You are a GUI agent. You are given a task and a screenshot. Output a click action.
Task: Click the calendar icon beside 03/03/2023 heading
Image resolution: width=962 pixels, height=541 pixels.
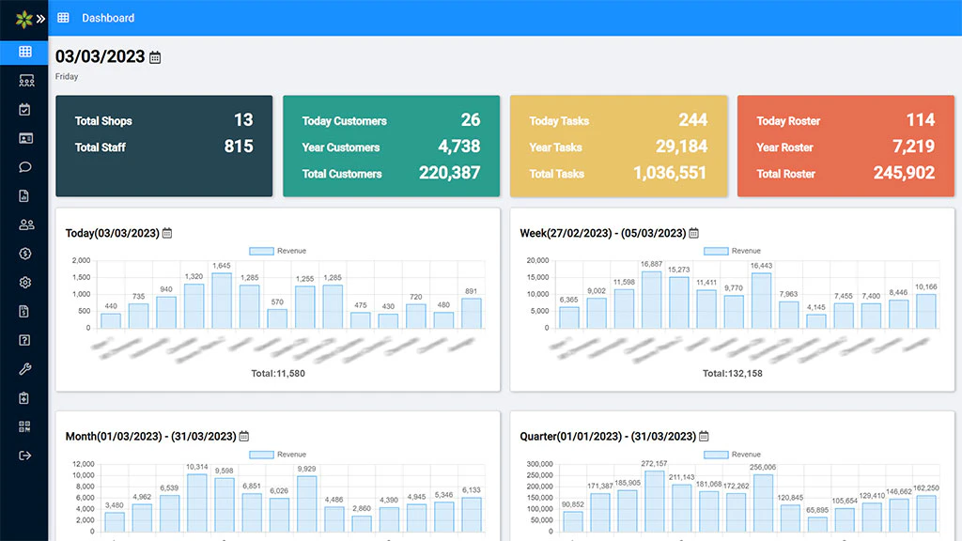click(x=155, y=57)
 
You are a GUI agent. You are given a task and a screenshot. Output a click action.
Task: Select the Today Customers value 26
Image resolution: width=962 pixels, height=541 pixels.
click(x=470, y=120)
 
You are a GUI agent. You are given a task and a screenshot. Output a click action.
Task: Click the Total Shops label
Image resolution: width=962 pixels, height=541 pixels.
click(x=103, y=121)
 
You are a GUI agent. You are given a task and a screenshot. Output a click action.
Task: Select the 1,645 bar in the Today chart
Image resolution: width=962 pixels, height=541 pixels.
click(x=222, y=301)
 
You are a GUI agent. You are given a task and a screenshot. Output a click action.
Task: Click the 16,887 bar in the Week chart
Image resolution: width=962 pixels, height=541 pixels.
click(x=651, y=300)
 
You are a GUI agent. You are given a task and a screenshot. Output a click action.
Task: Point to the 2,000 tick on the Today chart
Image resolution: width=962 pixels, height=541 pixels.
click(x=81, y=260)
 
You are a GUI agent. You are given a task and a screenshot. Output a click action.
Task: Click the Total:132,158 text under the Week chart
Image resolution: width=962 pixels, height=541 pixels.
click(x=733, y=374)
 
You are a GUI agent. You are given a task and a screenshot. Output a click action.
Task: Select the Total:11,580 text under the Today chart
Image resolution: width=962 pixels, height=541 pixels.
click(x=278, y=374)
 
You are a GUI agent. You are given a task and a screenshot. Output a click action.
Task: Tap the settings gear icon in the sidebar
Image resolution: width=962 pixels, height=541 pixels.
click(x=25, y=283)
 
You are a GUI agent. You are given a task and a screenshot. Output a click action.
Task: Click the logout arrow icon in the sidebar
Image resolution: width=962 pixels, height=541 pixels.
click(x=25, y=456)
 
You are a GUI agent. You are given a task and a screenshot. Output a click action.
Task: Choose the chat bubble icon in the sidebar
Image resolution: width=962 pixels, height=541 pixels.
click(x=25, y=167)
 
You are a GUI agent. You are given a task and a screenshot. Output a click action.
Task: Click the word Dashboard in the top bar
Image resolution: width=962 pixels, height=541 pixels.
click(x=108, y=18)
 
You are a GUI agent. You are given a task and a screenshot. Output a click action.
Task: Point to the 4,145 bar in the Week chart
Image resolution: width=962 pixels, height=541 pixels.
click(x=816, y=320)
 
